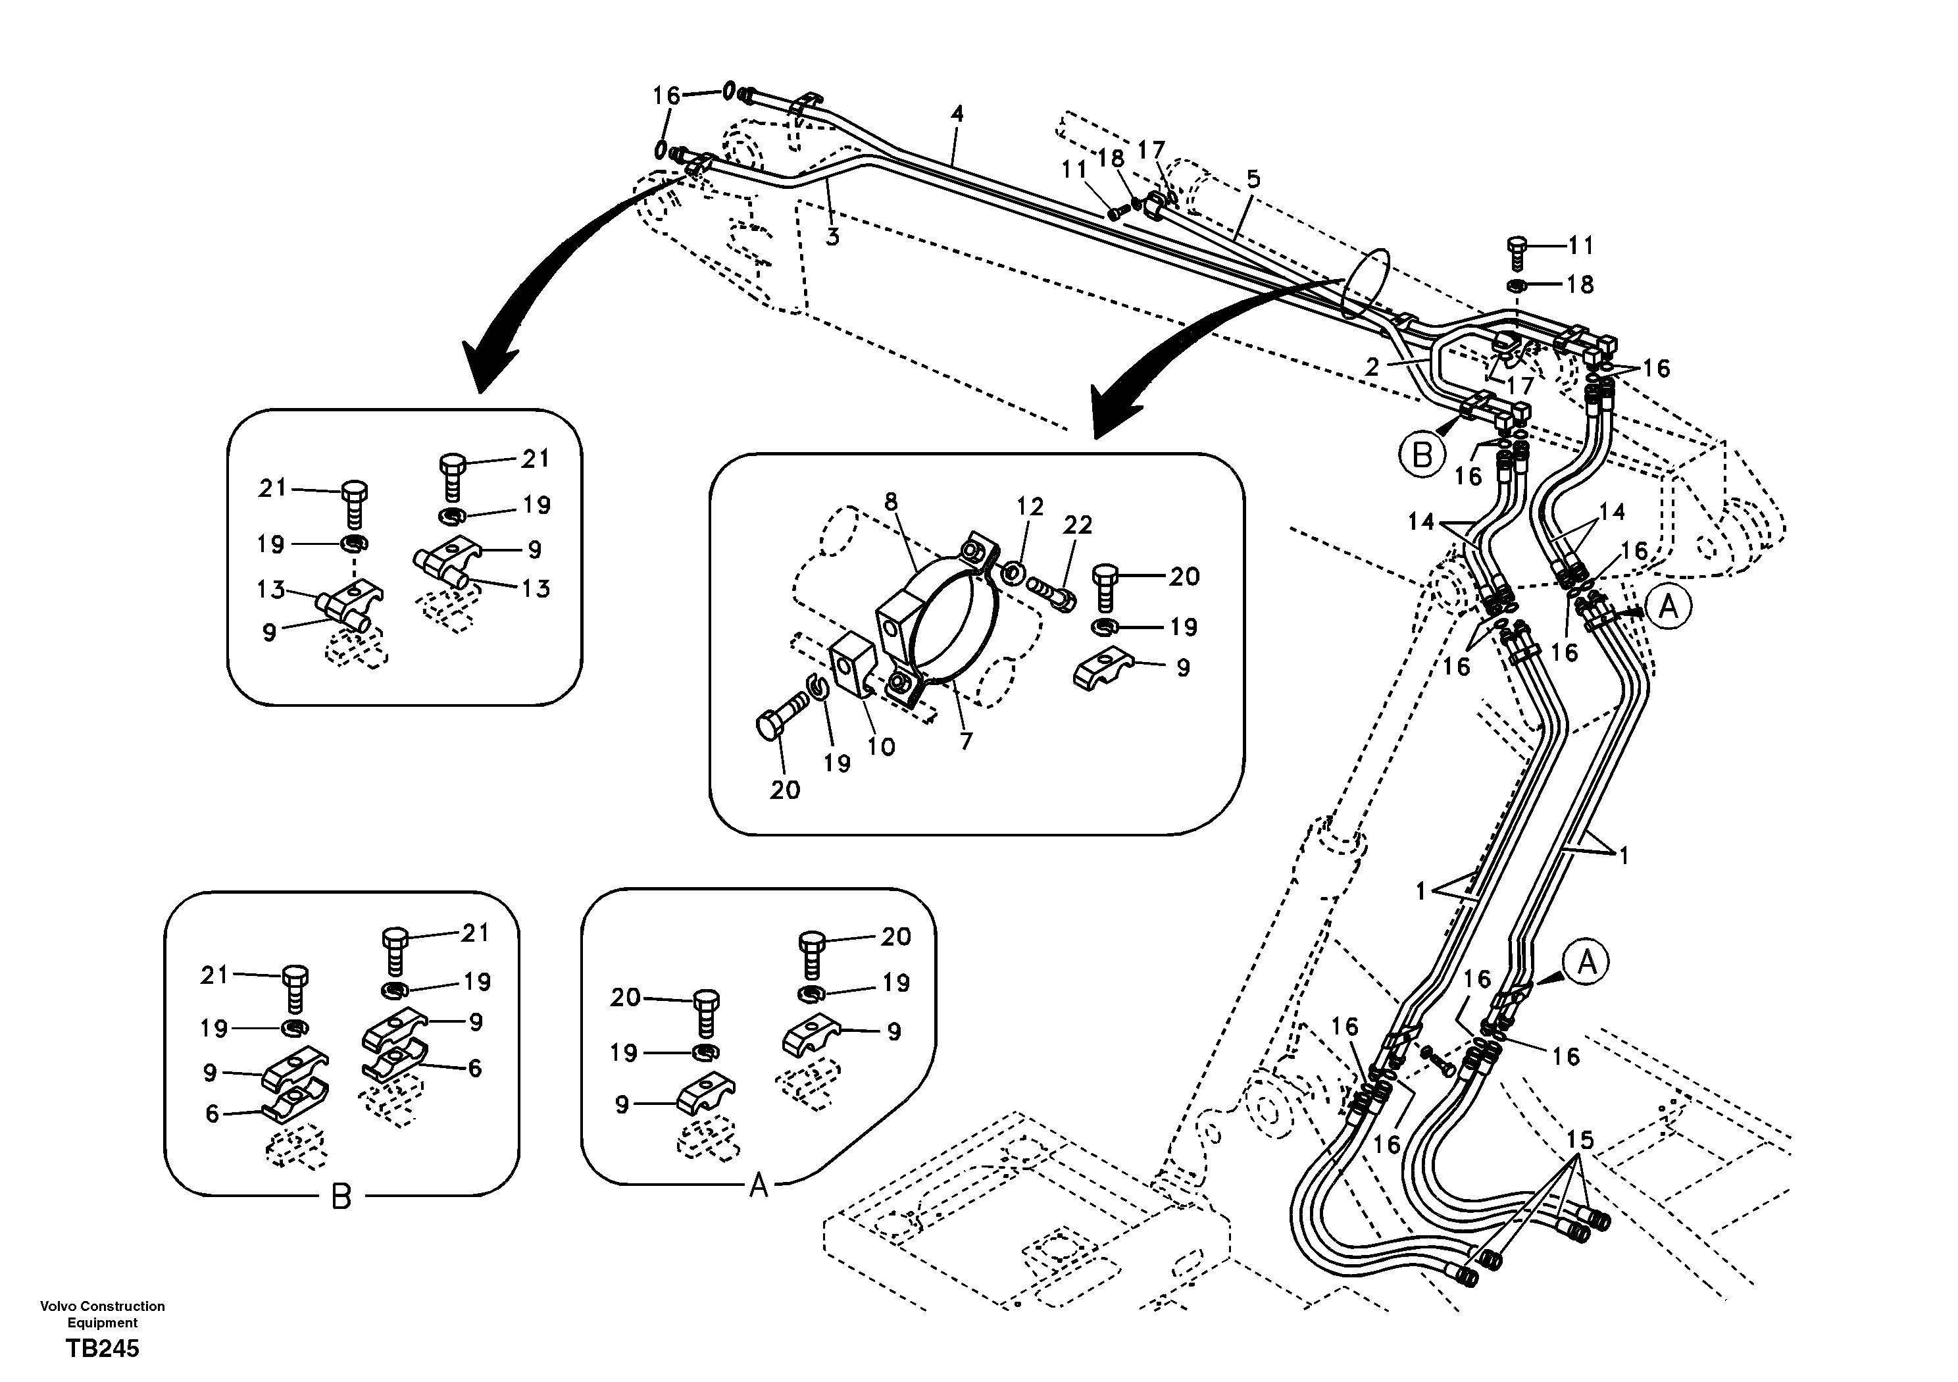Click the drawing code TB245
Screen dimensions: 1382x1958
103,1348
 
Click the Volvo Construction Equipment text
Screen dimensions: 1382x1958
103,1314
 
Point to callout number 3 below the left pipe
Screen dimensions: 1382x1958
832,236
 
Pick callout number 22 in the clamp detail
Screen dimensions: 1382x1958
1077,525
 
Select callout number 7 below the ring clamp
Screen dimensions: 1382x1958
965,741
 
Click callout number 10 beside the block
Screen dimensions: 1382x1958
881,746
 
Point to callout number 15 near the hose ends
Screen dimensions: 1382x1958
1580,1140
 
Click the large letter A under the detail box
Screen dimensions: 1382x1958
758,1185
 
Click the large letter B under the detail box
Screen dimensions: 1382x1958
340,1198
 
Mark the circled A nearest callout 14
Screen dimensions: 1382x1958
1668,607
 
